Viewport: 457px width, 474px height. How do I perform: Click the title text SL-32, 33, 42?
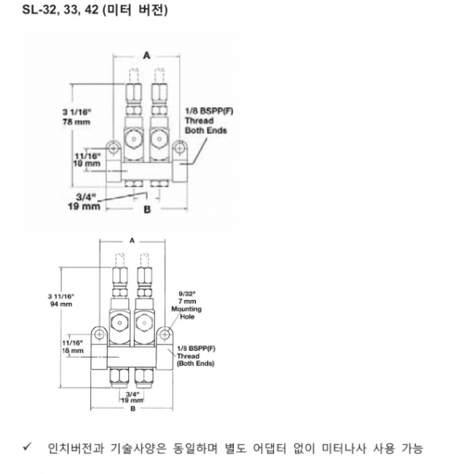[60, 10]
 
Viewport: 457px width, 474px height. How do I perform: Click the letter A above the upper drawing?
[147, 56]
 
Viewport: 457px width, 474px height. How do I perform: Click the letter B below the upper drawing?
[147, 210]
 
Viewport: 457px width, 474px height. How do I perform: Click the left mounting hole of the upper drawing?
[114, 148]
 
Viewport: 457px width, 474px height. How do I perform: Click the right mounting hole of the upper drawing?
[180, 148]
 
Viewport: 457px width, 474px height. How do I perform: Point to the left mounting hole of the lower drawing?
[99, 335]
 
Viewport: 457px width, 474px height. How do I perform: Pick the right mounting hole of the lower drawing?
[164, 335]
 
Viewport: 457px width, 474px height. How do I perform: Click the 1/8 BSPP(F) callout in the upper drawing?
[210, 111]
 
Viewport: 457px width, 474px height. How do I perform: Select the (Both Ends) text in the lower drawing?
[196, 364]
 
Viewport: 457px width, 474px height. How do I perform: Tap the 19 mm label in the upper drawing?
[84, 206]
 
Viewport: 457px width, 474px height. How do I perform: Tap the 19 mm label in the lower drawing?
[132, 400]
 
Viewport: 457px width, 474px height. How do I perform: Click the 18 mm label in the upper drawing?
[87, 164]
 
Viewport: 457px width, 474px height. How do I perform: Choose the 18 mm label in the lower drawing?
[73, 351]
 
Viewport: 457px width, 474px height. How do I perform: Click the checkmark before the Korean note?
[27, 447]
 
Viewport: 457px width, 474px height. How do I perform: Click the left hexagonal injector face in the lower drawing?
[119, 322]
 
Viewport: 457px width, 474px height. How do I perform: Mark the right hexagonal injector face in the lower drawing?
[145, 322]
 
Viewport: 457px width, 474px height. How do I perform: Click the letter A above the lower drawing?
[132, 241]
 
